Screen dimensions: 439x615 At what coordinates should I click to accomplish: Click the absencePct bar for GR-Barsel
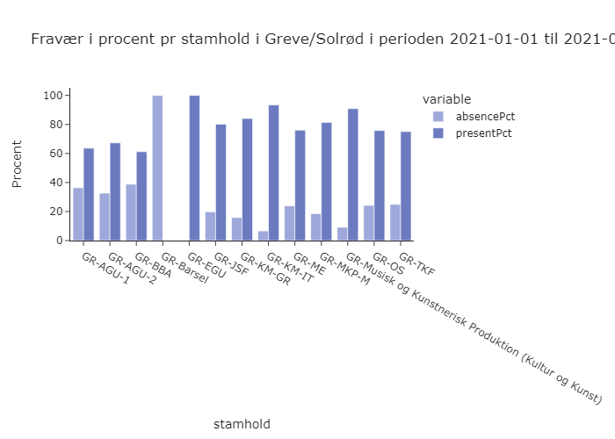click(157, 168)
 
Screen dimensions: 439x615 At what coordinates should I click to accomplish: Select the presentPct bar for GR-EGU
click(194, 168)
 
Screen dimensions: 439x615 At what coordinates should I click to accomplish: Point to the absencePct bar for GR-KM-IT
click(263, 235)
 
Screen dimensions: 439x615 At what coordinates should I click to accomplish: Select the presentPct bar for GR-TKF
click(406, 186)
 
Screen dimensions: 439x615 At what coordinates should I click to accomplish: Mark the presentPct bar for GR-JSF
click(221, 182)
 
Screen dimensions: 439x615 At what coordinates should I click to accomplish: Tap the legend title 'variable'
click(446, 98)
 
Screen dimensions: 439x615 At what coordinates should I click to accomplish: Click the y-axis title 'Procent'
click(18, 163)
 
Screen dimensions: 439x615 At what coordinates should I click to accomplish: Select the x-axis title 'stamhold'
click(242, 424)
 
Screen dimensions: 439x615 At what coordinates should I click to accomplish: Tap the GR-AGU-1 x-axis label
click(104, 269)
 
